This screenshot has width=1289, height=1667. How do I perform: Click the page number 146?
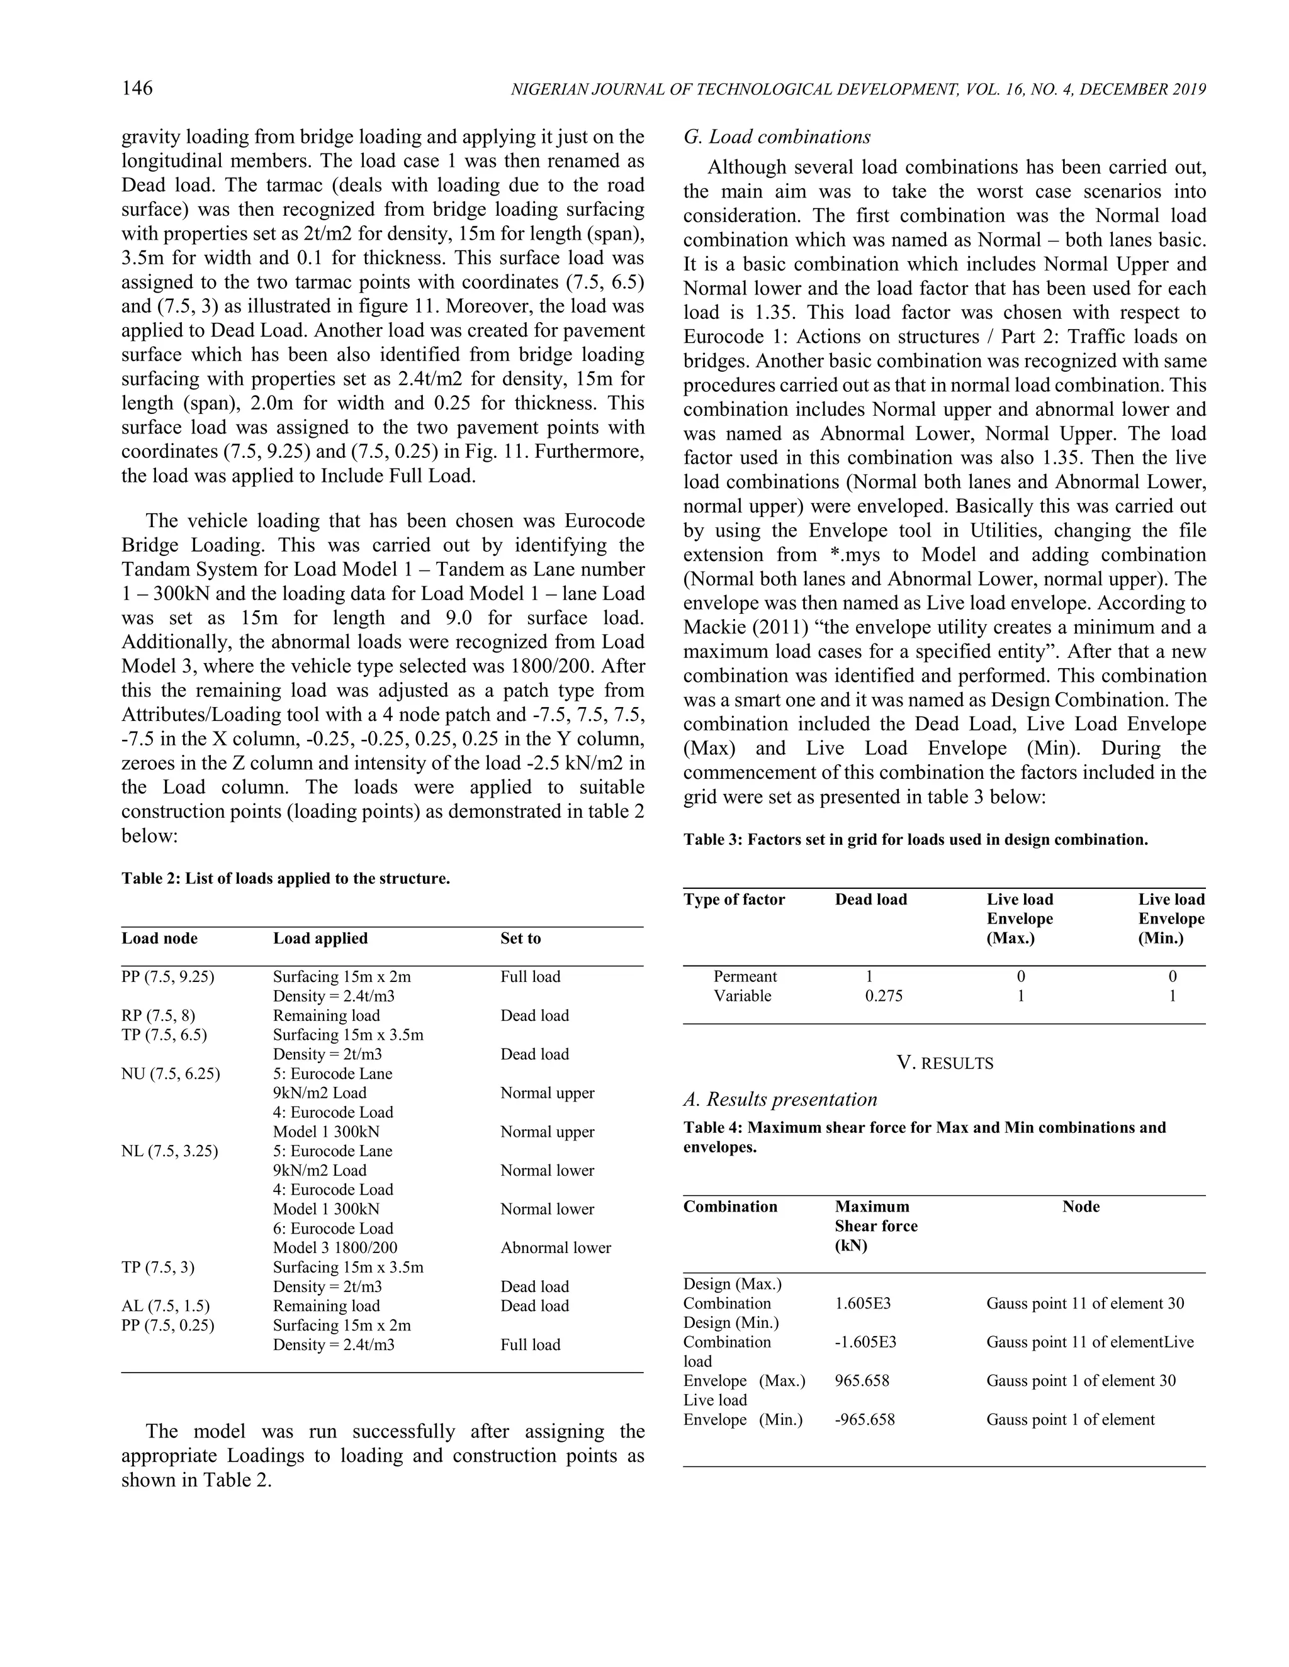137,89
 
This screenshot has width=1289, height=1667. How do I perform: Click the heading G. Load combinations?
777,137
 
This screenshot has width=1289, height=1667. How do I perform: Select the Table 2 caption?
286,879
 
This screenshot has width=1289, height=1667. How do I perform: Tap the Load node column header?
160,939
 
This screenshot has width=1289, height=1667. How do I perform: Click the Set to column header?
521,939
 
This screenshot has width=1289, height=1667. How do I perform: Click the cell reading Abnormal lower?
556,1248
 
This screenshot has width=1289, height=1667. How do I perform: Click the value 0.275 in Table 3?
884,996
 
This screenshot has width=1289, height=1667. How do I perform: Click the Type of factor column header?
734,900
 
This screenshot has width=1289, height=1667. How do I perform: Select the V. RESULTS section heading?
945,1063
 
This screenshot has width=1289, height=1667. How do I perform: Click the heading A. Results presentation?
780,1100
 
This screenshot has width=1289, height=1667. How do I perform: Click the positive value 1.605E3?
863,1303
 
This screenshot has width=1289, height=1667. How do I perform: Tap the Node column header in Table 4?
1081,1207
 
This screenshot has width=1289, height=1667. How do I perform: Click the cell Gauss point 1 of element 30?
1081,1381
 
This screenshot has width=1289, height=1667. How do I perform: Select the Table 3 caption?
916,840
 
